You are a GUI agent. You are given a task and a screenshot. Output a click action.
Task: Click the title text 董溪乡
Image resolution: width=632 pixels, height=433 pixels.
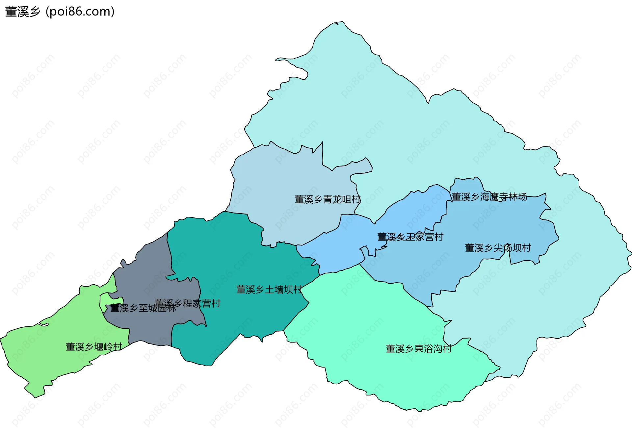point(22,12)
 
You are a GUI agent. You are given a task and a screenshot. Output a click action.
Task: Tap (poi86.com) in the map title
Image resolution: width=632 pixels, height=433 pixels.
point(80,12)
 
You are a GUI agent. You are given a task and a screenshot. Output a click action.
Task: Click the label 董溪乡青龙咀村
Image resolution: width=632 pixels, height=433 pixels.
point(327,199)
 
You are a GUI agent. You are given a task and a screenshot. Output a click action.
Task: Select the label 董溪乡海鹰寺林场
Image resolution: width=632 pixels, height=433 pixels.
point(489,197)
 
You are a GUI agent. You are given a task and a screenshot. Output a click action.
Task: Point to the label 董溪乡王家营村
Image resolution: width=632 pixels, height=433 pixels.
point(410,237)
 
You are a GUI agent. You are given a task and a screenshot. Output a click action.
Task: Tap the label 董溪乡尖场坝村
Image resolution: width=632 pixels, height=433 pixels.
point(498,248)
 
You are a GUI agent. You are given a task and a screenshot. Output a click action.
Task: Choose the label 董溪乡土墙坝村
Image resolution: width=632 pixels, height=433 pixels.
point(269,290)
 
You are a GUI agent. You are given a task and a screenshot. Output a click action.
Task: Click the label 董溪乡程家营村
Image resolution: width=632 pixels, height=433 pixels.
point(187,303)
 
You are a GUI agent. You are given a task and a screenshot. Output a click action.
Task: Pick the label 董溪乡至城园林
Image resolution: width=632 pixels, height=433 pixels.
point(143,308)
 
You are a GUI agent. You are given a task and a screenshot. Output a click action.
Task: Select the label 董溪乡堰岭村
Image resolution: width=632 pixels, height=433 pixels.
point(94,346)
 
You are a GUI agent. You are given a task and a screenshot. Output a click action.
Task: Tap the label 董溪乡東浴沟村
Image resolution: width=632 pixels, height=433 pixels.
point(418,348)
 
